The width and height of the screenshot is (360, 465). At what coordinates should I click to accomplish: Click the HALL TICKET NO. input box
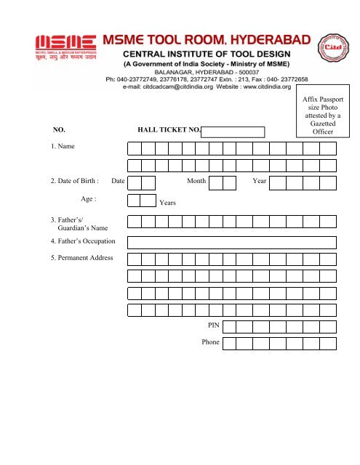(x=233, y=132)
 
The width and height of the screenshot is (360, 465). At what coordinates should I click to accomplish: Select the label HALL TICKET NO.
(x=169, y=132)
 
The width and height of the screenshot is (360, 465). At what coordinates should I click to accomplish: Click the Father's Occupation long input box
(x=231, y=242)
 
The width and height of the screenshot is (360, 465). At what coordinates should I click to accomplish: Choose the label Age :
(x=90, y=198)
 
